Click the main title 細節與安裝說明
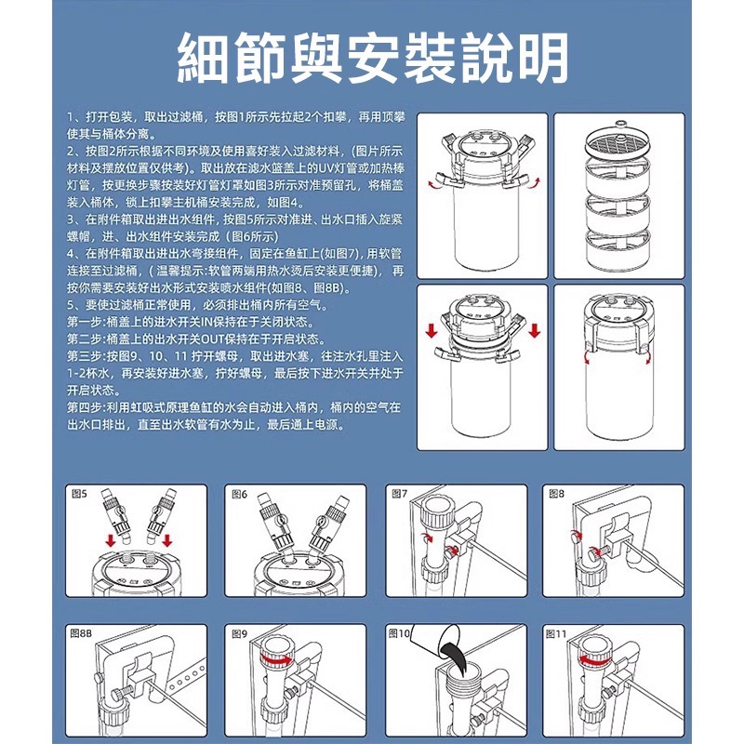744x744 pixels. tap(372, 59)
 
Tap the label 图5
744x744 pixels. tap(78, 494)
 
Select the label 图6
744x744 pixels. tap(238, 494)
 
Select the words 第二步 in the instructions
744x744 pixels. tap(86, 339)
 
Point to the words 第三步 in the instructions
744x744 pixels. tap(86, 355)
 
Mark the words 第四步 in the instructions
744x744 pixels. tap(86, 407)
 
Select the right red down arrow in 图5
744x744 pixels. tap(167, 540)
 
